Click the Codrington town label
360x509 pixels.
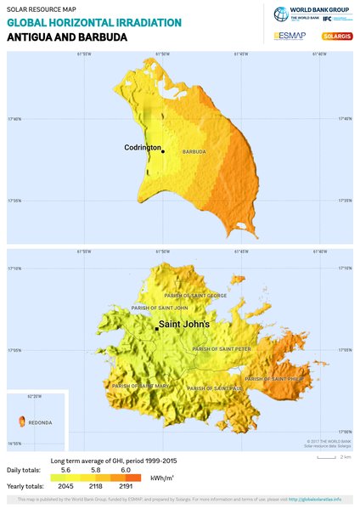(142, 148)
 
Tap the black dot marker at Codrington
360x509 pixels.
(163, 152)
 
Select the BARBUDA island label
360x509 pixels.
(194, 152)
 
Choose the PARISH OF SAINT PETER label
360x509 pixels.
(222, 348)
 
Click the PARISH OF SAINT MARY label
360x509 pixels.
(141, 385)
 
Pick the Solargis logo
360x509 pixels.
(337, 37)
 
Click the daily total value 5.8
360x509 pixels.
(95, 470)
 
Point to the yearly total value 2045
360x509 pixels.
(64, 486)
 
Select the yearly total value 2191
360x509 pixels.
(125, 486)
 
